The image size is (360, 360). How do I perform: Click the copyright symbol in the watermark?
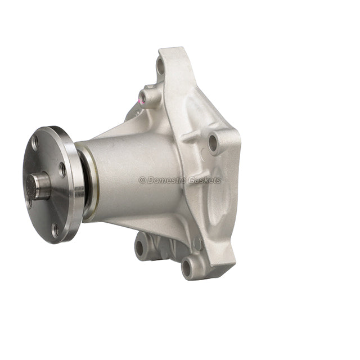(x=142, y=181)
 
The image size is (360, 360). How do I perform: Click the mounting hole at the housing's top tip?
(x=160, y=67)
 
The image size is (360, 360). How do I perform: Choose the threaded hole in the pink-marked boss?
(x=143, y=97)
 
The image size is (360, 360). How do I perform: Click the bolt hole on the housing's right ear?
(x=213, y=143)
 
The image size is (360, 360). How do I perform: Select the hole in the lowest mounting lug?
(x=187, y=268)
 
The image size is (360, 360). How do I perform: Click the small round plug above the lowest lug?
(x=197, y=244)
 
